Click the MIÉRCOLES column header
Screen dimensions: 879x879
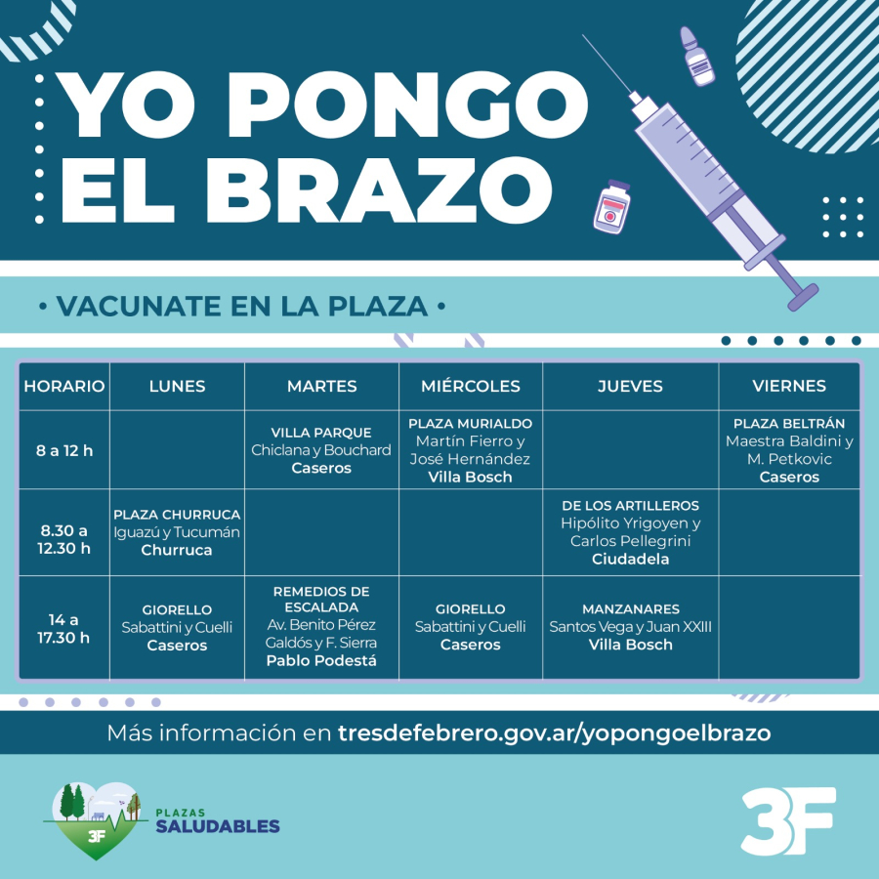click(x=471, y=386)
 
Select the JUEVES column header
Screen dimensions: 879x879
click(x=630, y=386)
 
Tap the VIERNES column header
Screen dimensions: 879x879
click(x=789, y=386)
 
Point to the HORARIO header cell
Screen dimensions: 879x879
click(x=64, y=386)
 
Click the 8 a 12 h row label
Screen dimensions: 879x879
click(x=64, y=450)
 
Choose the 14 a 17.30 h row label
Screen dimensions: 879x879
click(x=63, y=628)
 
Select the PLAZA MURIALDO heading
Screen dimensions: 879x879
click(x=470, y=423)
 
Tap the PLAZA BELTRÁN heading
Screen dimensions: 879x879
click(x=789, y=423)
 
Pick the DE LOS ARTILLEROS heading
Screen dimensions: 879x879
click(x=630, y=506)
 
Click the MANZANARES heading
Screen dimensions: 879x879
click(x=631, y=608)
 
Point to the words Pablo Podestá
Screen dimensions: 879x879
click(x=321, y=661)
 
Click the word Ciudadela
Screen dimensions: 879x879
click(x=630, y=559)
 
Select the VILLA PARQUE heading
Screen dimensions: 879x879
click(x=321, y=433)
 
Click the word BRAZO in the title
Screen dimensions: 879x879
click(x=379, y=189)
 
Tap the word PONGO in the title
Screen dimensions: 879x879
click(x=407, y=105)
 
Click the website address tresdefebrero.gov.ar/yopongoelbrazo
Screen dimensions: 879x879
click(x=554, y=733)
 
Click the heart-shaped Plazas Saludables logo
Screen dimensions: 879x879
click(x=96, y=819)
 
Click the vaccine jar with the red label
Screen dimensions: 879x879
click(x=611, y=207)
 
